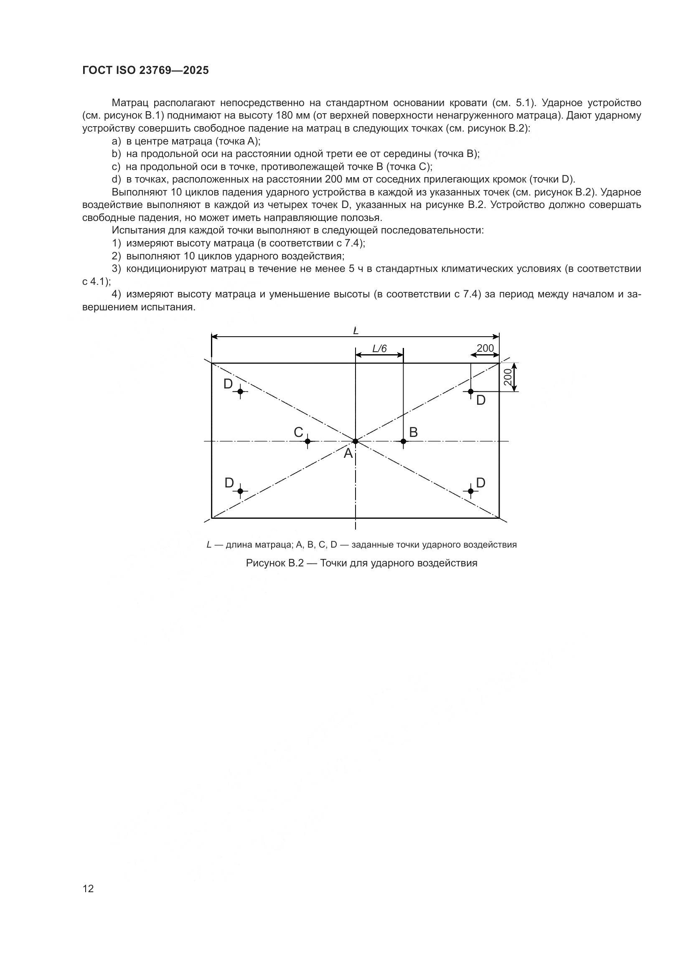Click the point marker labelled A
point(355,441)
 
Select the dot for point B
point(404,441)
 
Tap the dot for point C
point(307,441)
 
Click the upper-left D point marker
point(240,391)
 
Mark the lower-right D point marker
point(470,491)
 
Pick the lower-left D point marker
point(240,491)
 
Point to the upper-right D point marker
point(470,391)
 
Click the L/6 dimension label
point(379,348)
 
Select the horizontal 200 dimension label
point(485,348)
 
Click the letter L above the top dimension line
point(356,330)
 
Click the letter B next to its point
point(413,432)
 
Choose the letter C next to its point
point(298,432)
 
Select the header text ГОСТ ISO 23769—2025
point(145,71)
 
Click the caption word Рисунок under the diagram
point(266,563)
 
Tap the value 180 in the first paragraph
point(284,115)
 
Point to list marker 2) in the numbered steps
point(117,256)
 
